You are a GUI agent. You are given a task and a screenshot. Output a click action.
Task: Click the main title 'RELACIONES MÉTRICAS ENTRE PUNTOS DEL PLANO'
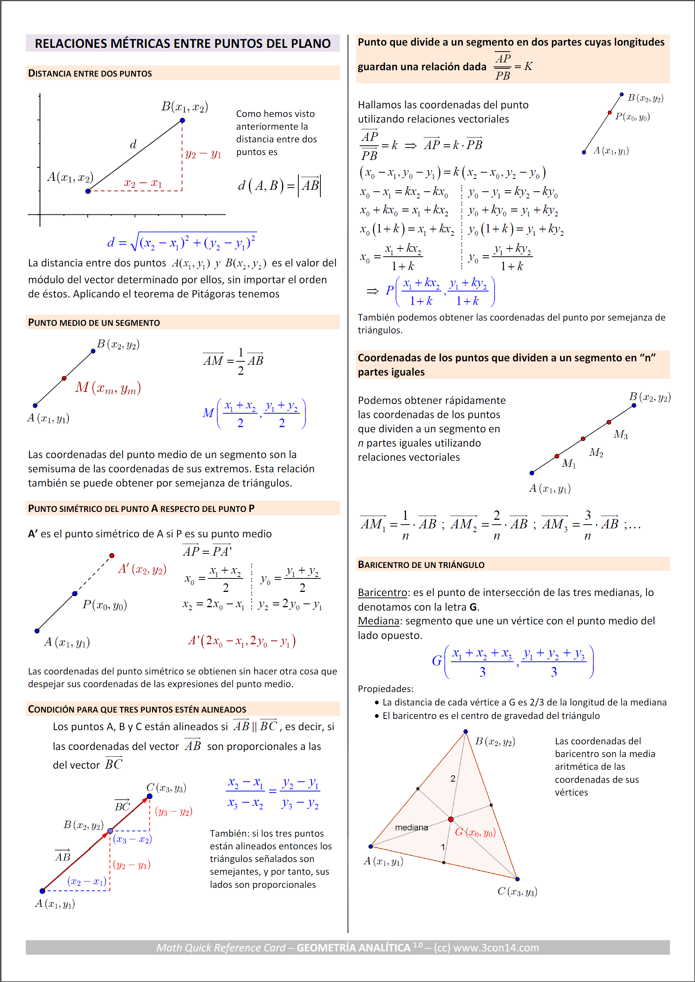[182, 44]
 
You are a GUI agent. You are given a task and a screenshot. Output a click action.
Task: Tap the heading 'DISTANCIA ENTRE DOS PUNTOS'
[90, 74]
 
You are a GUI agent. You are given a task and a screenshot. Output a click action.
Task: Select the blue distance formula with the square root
[181, 242]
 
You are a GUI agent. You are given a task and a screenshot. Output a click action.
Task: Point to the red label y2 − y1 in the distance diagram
[203, 154]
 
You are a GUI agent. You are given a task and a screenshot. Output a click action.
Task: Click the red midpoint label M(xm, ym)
[108, 388]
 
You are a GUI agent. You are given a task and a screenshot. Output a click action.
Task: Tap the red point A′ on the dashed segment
[112, 556]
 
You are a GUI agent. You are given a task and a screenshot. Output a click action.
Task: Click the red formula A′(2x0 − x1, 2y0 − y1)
[242, 641]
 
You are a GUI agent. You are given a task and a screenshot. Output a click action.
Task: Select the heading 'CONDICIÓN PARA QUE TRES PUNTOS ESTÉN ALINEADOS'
[137, 710]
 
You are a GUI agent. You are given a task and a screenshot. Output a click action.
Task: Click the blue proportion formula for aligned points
[273, 793]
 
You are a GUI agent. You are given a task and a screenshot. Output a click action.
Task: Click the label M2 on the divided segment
[596, 453]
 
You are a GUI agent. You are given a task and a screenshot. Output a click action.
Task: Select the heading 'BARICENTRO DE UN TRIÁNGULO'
[421, 565]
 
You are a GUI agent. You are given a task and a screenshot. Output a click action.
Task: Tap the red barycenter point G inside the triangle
[450, 819]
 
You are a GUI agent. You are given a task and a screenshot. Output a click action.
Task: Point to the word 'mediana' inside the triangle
[411, 828]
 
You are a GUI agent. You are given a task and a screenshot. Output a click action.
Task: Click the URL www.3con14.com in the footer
[496, 948]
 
